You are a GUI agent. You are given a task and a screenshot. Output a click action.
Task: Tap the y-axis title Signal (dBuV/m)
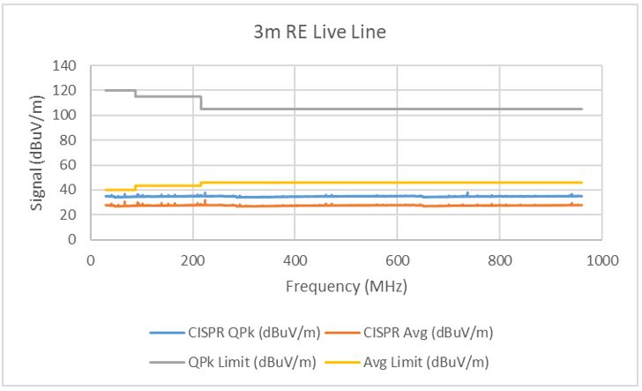40,153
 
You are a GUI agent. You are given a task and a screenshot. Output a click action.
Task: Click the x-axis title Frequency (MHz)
346,287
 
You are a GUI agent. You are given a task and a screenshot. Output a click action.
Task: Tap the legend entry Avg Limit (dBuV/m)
427,360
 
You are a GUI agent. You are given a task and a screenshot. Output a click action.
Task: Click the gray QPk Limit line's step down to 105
201,102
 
